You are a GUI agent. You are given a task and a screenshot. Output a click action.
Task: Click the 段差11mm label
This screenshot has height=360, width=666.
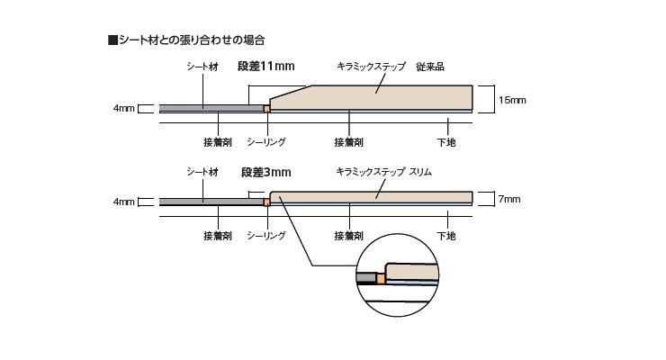click(x=266, y=66)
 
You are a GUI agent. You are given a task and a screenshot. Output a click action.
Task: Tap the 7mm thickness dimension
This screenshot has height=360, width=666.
click(x=508, y=198)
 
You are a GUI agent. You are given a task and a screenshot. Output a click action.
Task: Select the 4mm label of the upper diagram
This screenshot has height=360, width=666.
click(x=124, y=109)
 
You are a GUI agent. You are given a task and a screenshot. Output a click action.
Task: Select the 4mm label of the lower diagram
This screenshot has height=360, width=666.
click(x=124, y=202)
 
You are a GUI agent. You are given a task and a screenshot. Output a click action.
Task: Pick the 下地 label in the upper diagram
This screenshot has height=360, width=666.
click(x=446, y=142)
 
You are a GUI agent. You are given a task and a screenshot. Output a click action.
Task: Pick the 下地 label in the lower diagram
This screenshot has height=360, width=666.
click(x=446, y=236)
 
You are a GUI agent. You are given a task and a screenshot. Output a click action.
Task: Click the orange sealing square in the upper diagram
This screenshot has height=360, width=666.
click(x=266, y=109)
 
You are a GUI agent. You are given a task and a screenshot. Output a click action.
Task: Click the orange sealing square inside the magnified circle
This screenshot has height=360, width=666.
click(x=381, y=279)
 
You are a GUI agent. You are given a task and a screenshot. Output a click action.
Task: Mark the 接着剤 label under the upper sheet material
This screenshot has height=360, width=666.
click(x=218, y=142)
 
